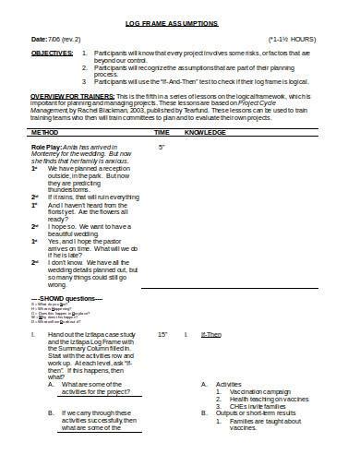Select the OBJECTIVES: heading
[x=53, y=54]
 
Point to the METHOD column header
[x=45, y=133]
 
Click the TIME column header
[x=162, y=133]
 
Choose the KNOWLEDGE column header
[x=205, y=133]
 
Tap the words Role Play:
[x=48, y=147]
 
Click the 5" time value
[x=162, y=147]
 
